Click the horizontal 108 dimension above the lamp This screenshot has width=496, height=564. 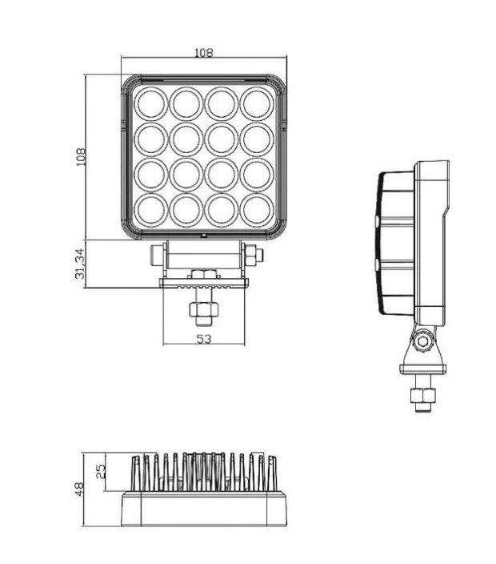[204, 53]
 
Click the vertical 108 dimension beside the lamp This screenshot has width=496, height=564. [81, 157]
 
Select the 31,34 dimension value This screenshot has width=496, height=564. [81, 264]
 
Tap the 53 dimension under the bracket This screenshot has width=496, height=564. [204, 339]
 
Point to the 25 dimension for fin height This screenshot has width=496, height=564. [102, 471]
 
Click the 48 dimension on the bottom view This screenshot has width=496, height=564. [79, 489]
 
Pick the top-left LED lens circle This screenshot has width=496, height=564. [151, 104]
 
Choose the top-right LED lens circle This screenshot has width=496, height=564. [257, 104]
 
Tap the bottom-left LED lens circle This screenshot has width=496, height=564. [151, 211]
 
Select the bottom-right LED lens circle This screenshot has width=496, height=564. [257, 211]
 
